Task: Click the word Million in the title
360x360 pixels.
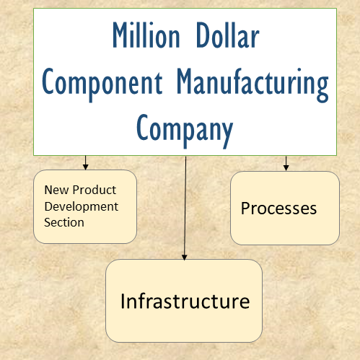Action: click(x=146, y=35)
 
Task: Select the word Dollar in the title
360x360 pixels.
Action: click(x=227, y=35)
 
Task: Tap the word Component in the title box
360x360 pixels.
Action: click(x=102, y=84)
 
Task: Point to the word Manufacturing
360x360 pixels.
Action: click(x=253, y=84)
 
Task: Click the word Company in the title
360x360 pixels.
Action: click(x=185, y=129)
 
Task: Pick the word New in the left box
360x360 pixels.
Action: click(x=56, y=190)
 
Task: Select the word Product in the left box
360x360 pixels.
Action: click(x=95, y=190)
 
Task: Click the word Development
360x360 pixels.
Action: click(x=82, y=207)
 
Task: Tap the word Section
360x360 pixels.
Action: click(x=64, y=222)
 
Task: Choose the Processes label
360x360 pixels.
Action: click(x=278, y=208)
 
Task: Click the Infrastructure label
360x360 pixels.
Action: click(x=185, y=301)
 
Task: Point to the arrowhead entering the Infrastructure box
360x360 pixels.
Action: click(x=185, y=257)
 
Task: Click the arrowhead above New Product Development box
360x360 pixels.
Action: click(x=85, y=167)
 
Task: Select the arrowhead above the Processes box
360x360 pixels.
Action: click(x=286, y=167)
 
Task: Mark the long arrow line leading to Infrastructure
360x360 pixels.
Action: click(x=185, y=208)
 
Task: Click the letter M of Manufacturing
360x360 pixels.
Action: click(x=185, y=81)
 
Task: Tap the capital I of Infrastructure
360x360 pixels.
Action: click(x=123, y=301)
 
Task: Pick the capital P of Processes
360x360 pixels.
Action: click(x=246, y=208)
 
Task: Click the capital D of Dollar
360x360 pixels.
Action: click(x=203, y=35)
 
